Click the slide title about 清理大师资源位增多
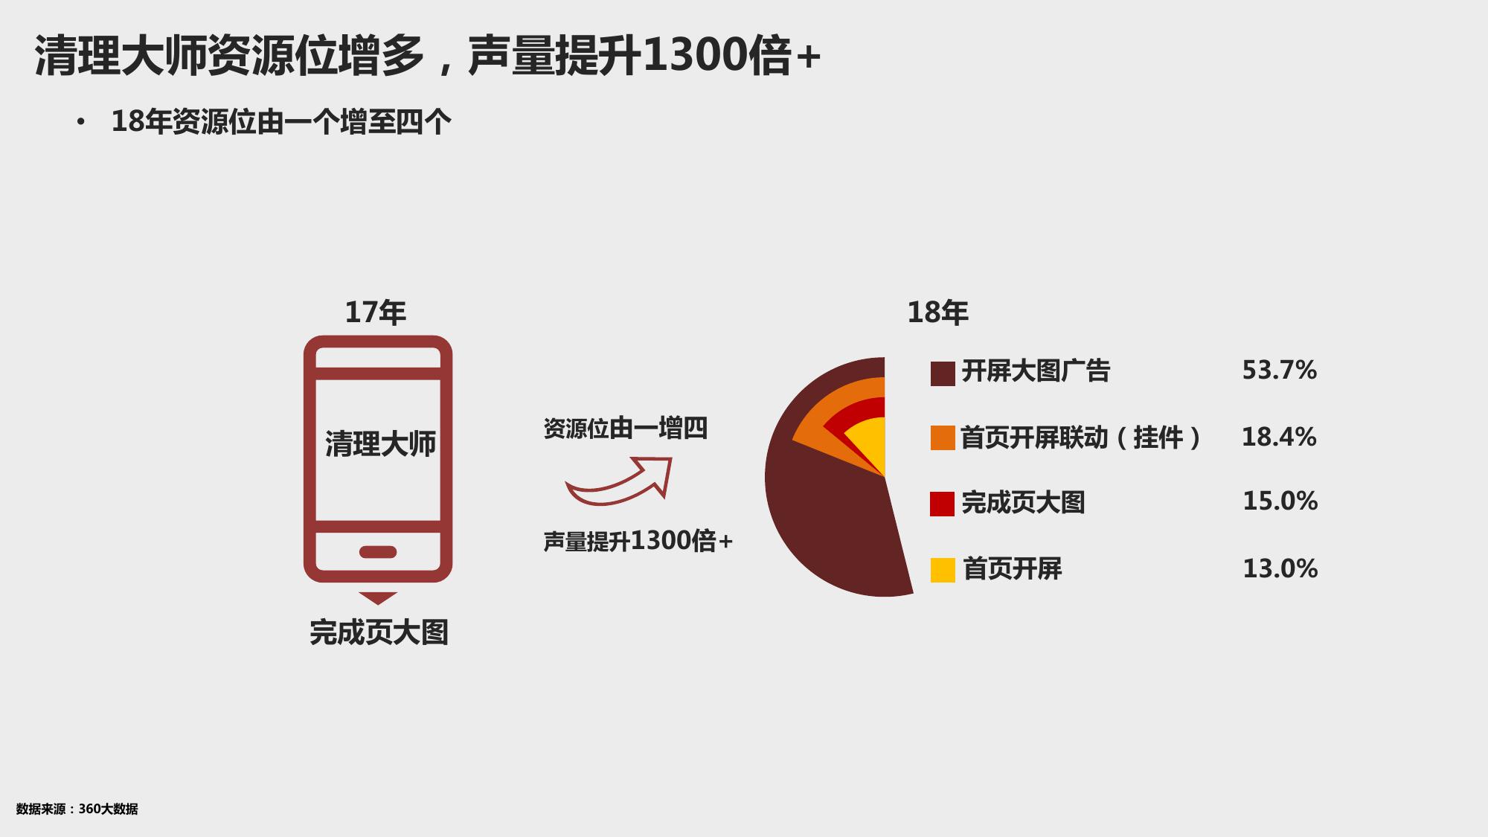click(x=428, y=56)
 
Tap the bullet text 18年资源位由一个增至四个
click(x=281, y=121)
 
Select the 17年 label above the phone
click(x=376, y=312)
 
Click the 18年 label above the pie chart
click(x=938, y=312)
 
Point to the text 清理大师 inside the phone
click(x=380, y=443)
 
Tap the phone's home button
click(x=378, y=552)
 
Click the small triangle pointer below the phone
click(x=378, y=598)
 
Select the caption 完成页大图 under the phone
click(x=379, y=632)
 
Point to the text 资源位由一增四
click(x=626, y=429)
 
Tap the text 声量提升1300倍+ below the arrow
click(x=638, y=541)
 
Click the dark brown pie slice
click(x=826, y=528)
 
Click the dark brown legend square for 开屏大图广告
click(x=943, y=373)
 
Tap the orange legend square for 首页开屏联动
click(x=943, y=438)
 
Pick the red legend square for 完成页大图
click(x=943, y=504)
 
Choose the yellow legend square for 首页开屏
click(x=943, y=570)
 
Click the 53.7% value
click(x=1280, y=371)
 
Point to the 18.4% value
click(x=1280, y=437)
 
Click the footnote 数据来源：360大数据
click(x=77, y=809)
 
